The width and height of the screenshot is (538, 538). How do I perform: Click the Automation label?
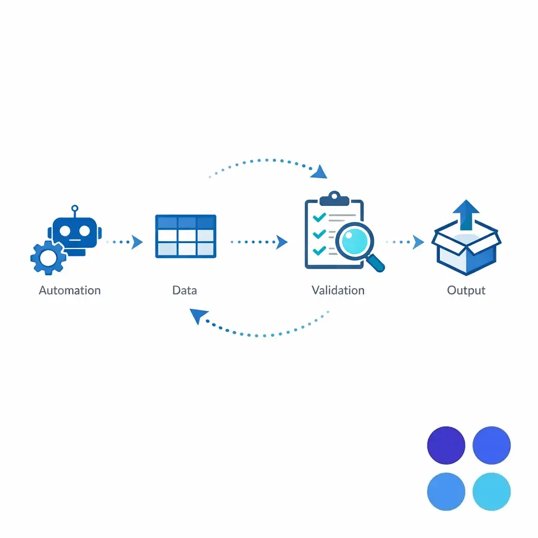click(69, 290)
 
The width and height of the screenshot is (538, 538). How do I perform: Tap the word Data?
click(184, 290)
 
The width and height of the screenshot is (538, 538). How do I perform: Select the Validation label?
click(337, 290)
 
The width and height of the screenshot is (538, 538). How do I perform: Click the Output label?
click(466, 290)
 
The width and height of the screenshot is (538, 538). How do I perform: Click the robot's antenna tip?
click(75, 208)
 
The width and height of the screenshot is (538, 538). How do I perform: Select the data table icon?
click(186, 236)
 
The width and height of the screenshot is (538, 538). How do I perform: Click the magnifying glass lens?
click(355, 240)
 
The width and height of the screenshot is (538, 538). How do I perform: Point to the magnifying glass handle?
click(377, 263)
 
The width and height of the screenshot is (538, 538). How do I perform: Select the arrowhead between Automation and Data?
click(138, 242)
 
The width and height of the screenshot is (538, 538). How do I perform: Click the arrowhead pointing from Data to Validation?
click(283, 242)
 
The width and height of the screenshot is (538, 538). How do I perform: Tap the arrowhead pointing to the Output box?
click(419, 242)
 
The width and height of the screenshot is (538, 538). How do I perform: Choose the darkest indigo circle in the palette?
click(446, 446)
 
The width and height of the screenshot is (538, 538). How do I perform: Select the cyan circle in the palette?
click(491, 492)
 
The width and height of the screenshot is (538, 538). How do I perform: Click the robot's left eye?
click(66, 230)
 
